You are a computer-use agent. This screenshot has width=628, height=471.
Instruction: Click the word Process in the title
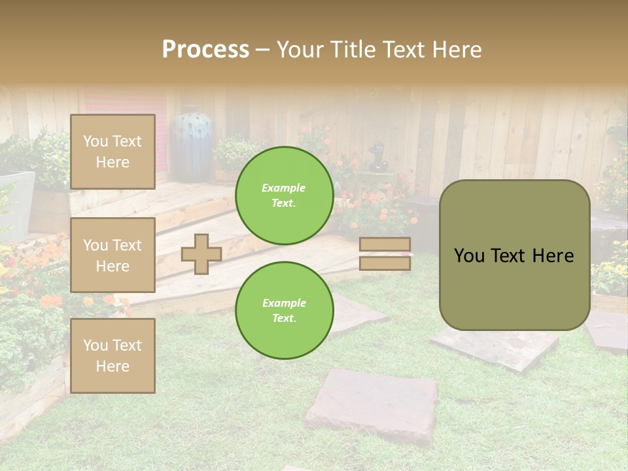205,50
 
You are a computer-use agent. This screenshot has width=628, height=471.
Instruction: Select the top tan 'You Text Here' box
113,152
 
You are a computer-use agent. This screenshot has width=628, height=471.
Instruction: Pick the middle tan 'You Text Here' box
113,255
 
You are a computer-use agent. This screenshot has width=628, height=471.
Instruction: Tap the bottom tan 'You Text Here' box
113,355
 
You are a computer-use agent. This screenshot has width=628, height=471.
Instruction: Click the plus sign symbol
201,254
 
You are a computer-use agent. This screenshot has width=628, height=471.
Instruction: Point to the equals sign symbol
385,254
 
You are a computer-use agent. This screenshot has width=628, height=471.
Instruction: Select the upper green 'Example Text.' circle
284,195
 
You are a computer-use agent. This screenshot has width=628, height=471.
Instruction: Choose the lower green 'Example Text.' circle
284,310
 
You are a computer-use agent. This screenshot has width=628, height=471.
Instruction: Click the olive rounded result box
514,255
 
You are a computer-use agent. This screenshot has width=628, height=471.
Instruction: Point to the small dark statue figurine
377,157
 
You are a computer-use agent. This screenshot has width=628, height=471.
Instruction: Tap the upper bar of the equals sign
385,245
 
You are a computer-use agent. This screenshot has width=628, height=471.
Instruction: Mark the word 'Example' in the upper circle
284,188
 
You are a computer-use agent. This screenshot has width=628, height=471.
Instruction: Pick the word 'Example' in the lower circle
284,303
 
